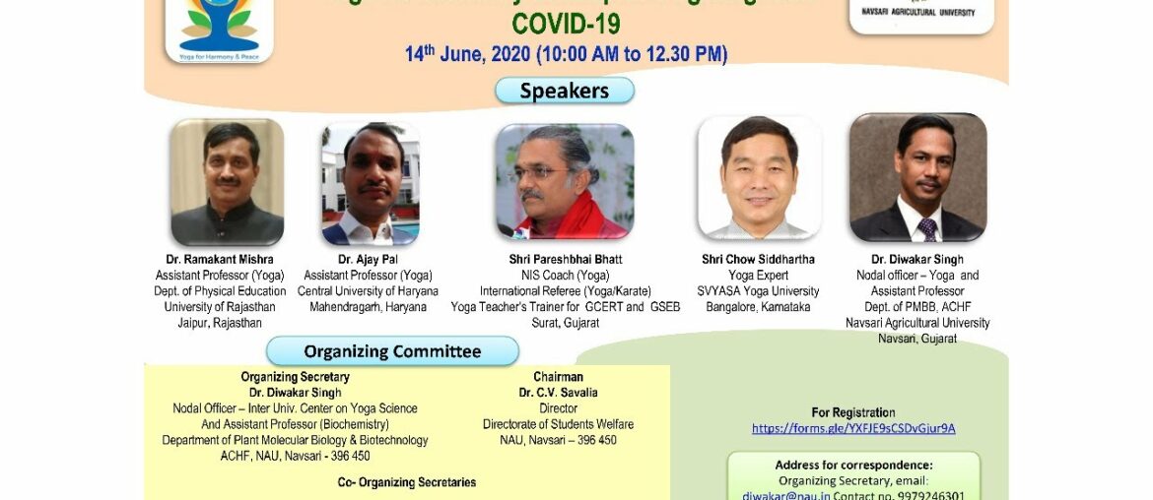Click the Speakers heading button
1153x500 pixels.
pyautogui.click(x=565, y=91)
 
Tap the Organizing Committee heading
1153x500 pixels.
pyautogui.click(x=392, y=351)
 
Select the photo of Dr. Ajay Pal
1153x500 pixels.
pyautogui.click(x=371, y=184)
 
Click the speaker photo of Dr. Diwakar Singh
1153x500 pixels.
pyautogui.click(x=917, y=178)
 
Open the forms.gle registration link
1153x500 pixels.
pyautogui.click(x=853, y=428)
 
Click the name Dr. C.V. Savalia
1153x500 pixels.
pyautogui.click(x=558, y=393)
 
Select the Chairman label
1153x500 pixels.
pyautogui.click(x=558, y=377)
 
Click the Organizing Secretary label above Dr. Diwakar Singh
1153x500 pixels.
pyautogui.click(x=295, y=377)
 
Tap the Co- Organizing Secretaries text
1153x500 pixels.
pyautogui.click(x=407, y=482)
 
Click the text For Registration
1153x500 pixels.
pyautogui.click(x=853, y=412)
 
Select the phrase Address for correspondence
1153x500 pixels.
pyautogui.click(x=853, y=466)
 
